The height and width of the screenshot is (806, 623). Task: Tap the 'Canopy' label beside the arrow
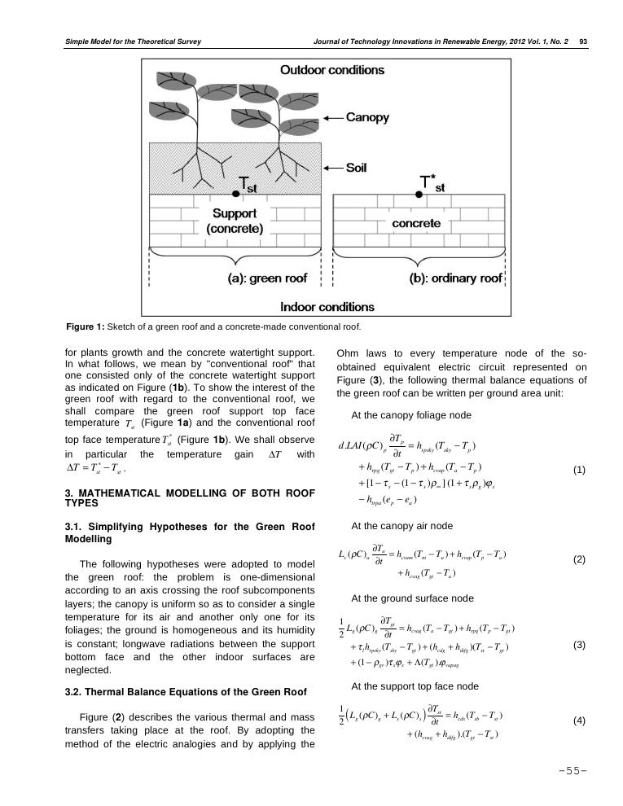pos(368,117)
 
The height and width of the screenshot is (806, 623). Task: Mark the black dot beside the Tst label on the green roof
pos(236,193)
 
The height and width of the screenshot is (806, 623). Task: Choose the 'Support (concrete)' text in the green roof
pos(235,221)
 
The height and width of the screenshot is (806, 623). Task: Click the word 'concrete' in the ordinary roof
pos(416,223)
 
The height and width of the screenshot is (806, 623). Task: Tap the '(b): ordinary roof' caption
pos(454,278)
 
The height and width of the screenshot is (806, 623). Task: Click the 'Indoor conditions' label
pos(327,307)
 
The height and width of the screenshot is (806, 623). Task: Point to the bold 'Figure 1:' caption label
pos(86,327)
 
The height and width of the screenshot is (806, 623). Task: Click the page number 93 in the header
pos(583,42)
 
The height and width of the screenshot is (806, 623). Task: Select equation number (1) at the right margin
pos(579,471)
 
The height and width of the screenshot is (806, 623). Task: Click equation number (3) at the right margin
pos(579,645)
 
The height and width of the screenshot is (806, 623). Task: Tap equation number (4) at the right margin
pos(579,721)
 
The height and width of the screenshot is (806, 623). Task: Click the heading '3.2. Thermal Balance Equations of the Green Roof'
pos(186,692)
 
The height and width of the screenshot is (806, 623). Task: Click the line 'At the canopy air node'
pos(401,526)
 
